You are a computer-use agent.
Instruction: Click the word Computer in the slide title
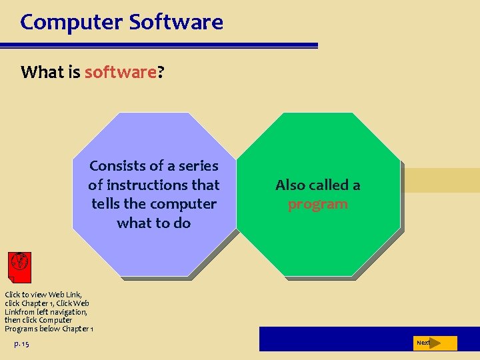click(71, 23)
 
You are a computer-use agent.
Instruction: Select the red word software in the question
click(120, 72)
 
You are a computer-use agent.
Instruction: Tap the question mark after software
click(161, 72)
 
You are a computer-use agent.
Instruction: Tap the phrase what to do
click(153, 223)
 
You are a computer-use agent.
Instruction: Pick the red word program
click(317, 205)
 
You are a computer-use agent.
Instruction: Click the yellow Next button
click(436, 343)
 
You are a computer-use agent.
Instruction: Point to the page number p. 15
click(21, 343)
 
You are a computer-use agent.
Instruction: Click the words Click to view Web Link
click(43, 295)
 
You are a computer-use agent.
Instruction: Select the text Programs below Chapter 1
click(49, 329)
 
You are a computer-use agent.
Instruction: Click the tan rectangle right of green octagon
click(440, 180)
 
